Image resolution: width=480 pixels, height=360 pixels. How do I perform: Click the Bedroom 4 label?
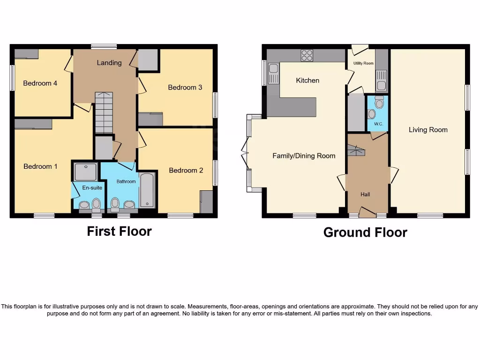pyautogui.click(x=40, y=83)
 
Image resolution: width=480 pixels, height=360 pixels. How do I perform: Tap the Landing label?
pyautogui.click(x=109, y=63)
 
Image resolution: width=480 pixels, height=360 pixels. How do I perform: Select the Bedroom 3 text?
pyautogui.click(x=185, y=87)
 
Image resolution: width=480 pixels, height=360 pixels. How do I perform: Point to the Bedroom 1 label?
pyautogui.click(x=41, y=166)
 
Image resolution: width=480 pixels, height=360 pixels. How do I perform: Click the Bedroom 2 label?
pyautogui.click(x=186, y=170)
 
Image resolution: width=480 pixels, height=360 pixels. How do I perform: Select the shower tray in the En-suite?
pyautogui.click(x=86, y=172)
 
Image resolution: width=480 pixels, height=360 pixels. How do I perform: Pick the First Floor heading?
pyautogui.click(x=119, y=231)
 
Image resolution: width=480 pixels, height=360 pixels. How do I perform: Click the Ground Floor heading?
pyautogui.click(x=365, y=232)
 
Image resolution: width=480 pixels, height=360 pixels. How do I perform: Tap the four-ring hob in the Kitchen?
pyautogui.click(x=307, y=55)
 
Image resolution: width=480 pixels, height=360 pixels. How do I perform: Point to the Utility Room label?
pyautogui.click(x=363, y=63)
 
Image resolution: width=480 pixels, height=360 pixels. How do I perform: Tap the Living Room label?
pyautogui.click(x=428, y=130)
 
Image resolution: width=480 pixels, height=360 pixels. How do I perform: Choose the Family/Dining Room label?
pyautogui.click(x=304, y=156)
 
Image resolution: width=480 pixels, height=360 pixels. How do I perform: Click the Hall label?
pyautogui.click(x=365, y=194)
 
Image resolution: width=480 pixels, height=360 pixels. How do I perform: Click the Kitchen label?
pyautogui.click(x=307, y=81)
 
